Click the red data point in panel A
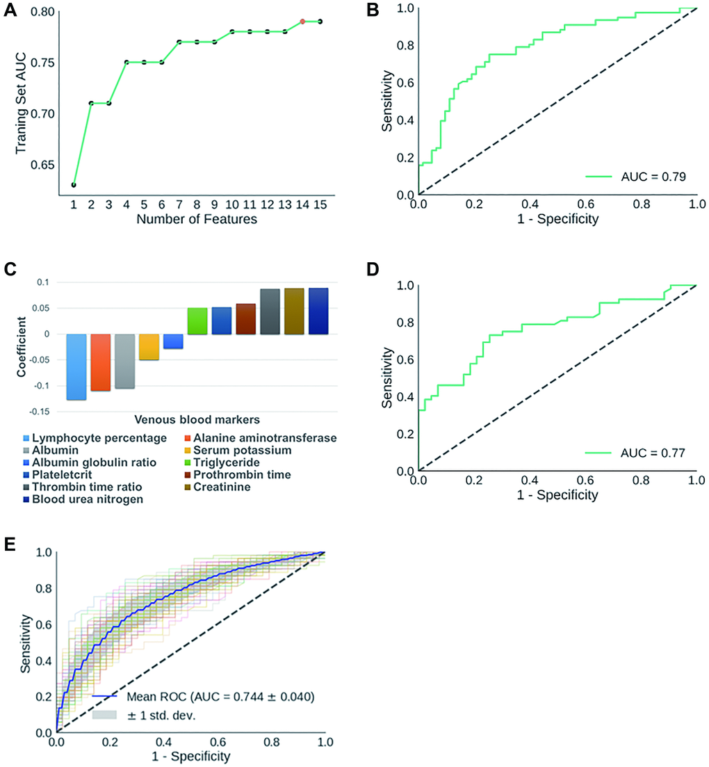click(x=302, y=22)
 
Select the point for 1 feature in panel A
click(x=74, y=185)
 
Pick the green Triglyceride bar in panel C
click(x=197, y=321)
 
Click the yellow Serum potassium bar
click(x=149, y=347)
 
